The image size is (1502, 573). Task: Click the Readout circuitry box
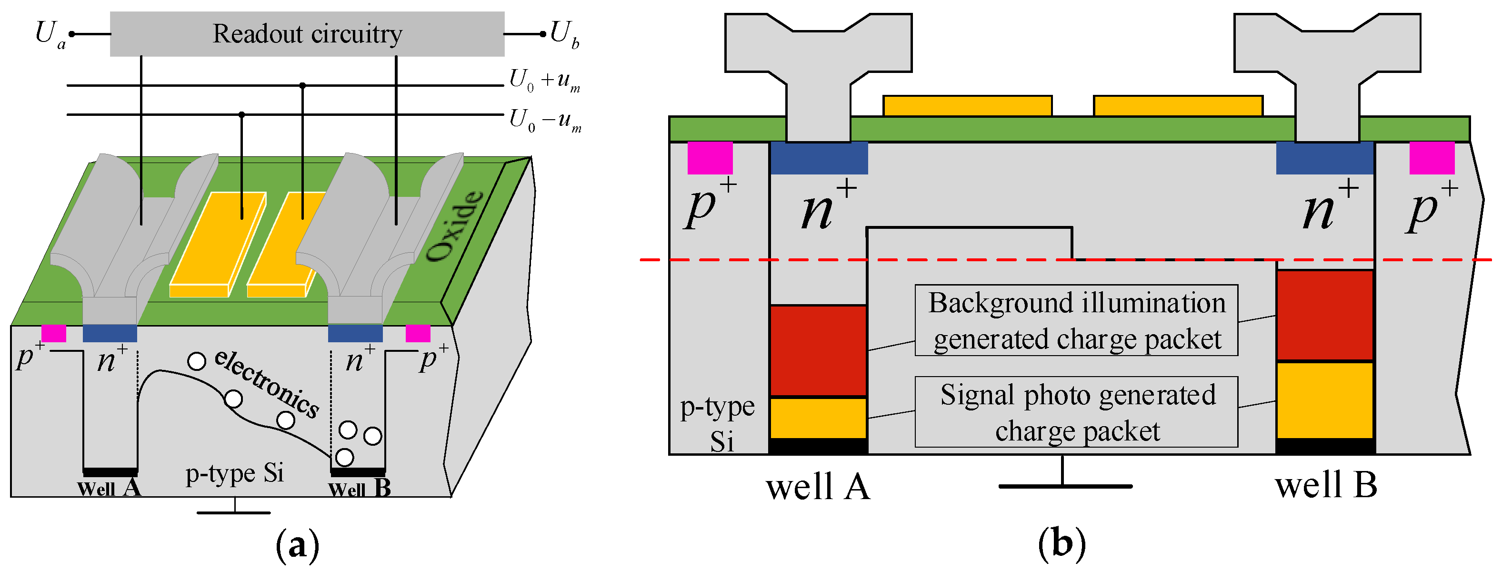307,34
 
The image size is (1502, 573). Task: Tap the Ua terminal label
50,34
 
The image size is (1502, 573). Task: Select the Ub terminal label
564,34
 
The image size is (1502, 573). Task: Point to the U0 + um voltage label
544,80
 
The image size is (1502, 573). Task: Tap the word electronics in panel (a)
267,383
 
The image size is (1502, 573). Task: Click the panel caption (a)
297,544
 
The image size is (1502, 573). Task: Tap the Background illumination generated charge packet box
1076,320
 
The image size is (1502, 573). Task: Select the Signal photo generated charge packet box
1076,412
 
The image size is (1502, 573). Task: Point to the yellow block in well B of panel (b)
1325,399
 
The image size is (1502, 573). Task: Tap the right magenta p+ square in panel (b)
1432,157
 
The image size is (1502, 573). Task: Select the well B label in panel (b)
1325,485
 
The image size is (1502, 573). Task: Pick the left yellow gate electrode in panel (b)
967,106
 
